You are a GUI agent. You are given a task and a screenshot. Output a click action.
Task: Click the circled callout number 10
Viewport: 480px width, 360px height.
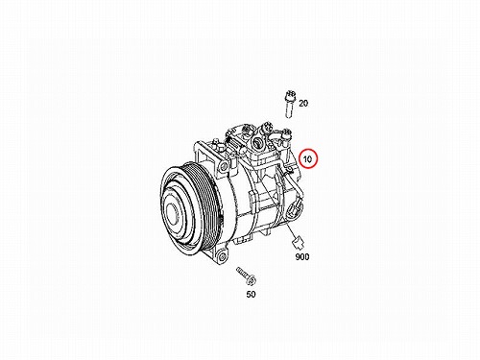pyautogui.click(x=307, y=159)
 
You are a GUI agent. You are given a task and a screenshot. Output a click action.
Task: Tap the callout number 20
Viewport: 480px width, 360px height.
pyautogui.click(x=303, y=104)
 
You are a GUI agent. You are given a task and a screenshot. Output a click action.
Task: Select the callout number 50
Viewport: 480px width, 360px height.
pyautogui.click(x=251, y=295)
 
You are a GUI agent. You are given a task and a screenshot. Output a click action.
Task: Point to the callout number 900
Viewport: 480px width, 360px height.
pyautogui.click(x=302, y=257)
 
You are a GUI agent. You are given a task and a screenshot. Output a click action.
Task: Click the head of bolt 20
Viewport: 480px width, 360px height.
pyautogui.click(x=290, y=95)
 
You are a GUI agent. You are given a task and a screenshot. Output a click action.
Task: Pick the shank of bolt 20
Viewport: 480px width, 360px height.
pyautogui.click(x=289, y=108)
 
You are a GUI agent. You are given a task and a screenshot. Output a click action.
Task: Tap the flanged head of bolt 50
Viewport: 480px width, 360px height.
pyautogui.click(x=252, y=280)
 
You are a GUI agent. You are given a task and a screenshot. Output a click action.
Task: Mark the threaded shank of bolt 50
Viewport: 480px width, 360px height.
pyautogui.click(x=242, y=273)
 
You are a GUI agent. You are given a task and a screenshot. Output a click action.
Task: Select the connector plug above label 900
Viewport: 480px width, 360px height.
pyautogui.click(x=299, y=243)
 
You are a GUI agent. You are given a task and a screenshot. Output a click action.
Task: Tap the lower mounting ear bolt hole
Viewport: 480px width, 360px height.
pyautogui.click(x=222, y=255)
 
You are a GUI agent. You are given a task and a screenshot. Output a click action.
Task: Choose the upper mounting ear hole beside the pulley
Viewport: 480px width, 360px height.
pyautogui.click(x=225, y=166)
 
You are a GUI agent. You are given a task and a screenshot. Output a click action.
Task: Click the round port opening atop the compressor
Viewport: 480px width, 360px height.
pyautogui.click(x=256, y=142)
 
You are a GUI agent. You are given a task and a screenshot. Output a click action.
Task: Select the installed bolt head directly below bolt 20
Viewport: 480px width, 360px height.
pyautogui.click(x=287, y=133)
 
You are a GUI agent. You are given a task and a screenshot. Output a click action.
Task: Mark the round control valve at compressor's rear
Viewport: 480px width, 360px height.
pyautogui.click(x=293, y=211)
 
